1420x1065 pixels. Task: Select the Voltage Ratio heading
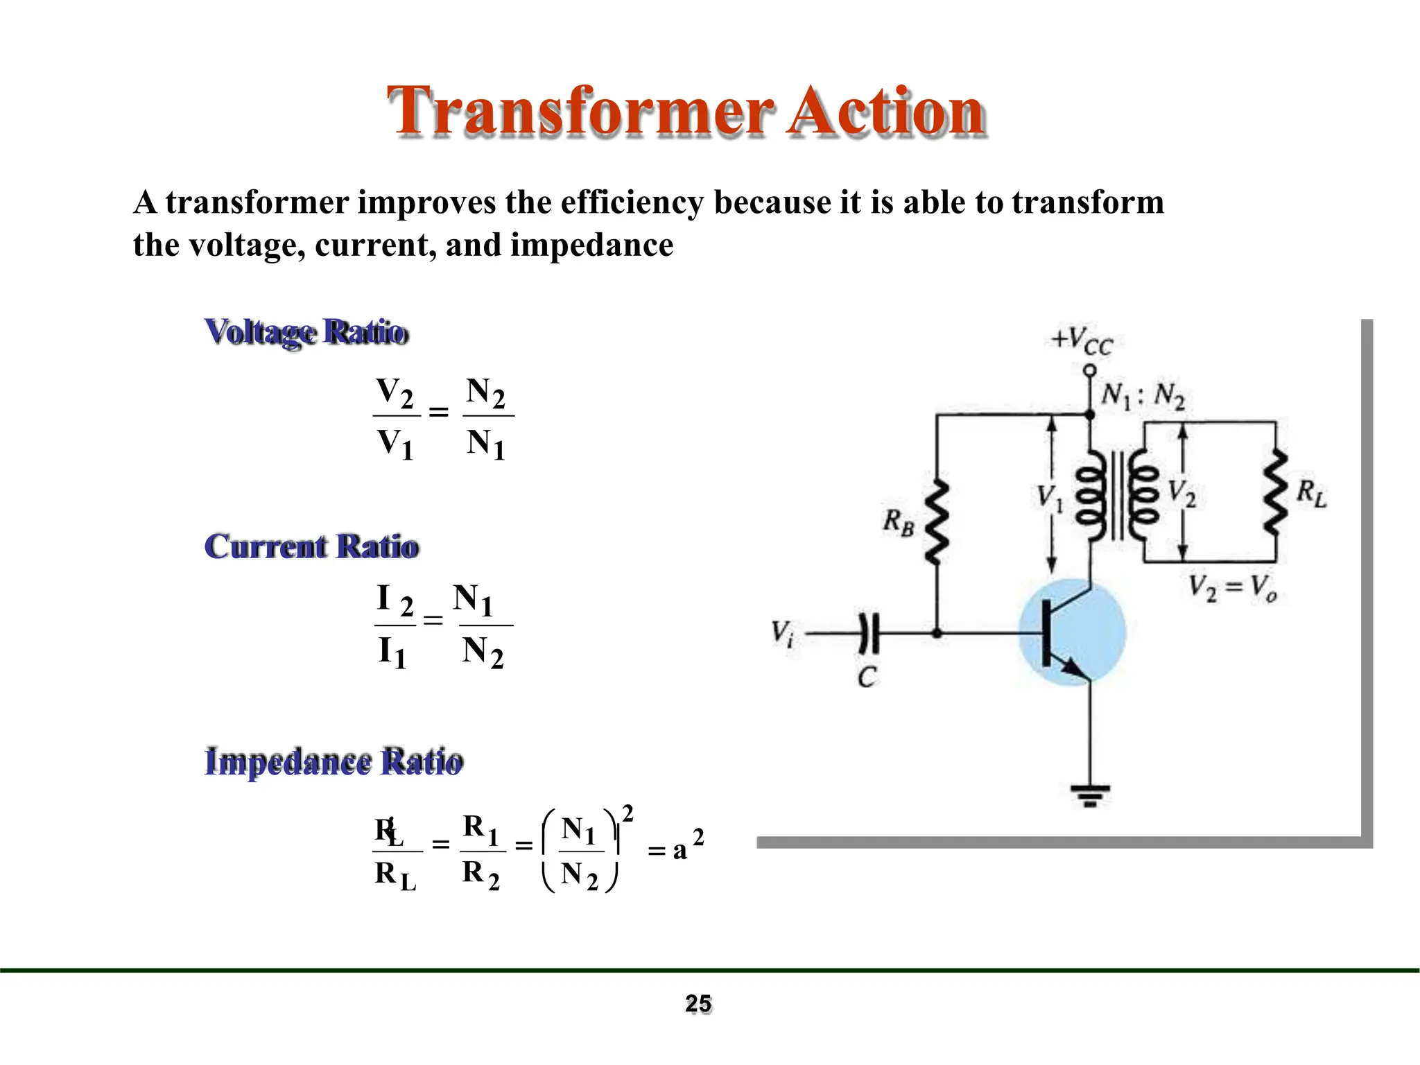tap(306, 332)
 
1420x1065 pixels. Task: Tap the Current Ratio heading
tap(311, 546)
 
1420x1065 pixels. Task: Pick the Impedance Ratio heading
tap(334, 761)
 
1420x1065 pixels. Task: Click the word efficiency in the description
tap(632, 202)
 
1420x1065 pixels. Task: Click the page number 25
tap(698, 1003)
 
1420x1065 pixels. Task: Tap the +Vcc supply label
tap(1082, 341)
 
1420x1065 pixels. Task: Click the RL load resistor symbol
tap(1275, 492)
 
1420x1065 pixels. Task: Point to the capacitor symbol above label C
tap(868, 633)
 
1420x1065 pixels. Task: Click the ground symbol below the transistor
tap(1090, 795)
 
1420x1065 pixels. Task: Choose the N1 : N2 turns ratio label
tap(1143, 396)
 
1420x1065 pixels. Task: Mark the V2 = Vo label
tap(1232, 589)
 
